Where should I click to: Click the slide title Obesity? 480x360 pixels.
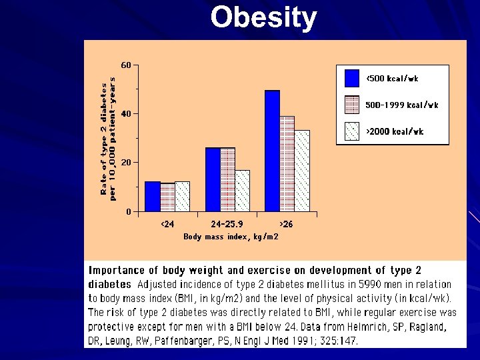click(263, 18)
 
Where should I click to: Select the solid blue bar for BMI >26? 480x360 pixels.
click(272, 151)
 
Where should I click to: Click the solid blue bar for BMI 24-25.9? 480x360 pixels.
click(213, 179)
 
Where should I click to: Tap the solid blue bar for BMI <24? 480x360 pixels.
click(152, 196)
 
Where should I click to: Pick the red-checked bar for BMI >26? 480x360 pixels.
click(287, 164)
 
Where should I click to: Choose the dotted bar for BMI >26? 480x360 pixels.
click(302, 171)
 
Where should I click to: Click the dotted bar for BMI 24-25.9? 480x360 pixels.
click(242, 191)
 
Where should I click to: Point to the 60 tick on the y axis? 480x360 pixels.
click(125, 65)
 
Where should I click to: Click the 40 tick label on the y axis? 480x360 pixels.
click(125, 114)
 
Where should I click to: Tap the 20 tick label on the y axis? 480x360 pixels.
click(125, 163)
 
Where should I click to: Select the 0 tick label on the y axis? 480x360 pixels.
click(128, 211)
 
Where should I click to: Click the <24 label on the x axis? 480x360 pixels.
click(167, 224)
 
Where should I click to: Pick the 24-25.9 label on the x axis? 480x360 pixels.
click(227, 224)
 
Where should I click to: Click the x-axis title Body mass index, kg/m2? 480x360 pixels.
click(231, 237)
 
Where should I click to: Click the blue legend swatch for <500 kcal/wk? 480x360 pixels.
click(352, 79)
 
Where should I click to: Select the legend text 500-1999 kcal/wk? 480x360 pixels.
click(401, 105)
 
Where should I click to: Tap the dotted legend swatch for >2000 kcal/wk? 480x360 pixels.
click(352, 131)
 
